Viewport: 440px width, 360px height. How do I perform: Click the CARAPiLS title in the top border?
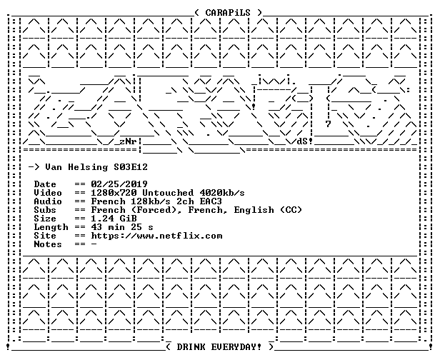click(228, 13)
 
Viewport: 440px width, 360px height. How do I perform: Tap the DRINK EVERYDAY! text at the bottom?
click(219, 347)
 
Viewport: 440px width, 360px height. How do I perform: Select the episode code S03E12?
click(131, 167)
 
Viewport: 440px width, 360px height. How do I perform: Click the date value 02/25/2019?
click(119, 184)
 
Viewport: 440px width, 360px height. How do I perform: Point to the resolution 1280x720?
click(114, 193)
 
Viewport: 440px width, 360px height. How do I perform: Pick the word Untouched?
click(168, 193)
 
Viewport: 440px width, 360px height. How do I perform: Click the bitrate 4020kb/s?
click(222, 193)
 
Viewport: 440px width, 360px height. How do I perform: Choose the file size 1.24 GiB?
click(114, 219)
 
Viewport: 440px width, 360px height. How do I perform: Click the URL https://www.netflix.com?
click(156, 236)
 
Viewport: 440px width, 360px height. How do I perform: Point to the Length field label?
click(51, 227)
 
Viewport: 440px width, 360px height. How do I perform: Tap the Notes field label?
click(48, 244)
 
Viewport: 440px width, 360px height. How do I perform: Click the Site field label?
click(45, 236)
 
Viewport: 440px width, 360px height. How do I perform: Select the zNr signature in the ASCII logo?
click(128, 141)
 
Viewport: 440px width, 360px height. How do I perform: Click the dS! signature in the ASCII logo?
click(305, 141)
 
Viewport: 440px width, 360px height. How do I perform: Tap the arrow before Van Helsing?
click(34, 167)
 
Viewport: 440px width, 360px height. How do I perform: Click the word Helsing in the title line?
click(88, 168)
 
